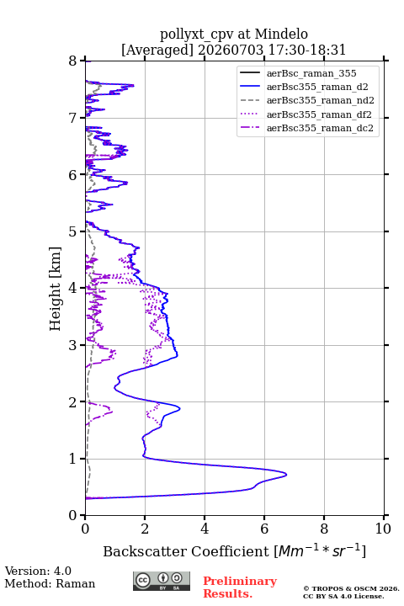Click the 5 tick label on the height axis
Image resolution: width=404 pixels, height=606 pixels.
72,231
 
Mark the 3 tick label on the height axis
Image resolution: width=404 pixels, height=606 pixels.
72,345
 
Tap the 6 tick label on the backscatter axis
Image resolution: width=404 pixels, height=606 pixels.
264,529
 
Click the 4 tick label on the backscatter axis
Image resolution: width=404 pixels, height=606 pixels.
205,529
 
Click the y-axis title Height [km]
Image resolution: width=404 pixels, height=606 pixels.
56,289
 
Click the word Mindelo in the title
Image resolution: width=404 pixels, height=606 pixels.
281,34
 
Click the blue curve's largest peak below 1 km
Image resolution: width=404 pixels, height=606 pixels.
286,474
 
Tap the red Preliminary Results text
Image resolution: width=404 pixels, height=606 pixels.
240,587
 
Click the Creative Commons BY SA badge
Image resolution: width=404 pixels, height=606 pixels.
162,581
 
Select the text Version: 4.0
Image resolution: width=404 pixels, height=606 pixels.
38,571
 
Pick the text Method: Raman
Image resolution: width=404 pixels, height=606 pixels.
50,583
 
